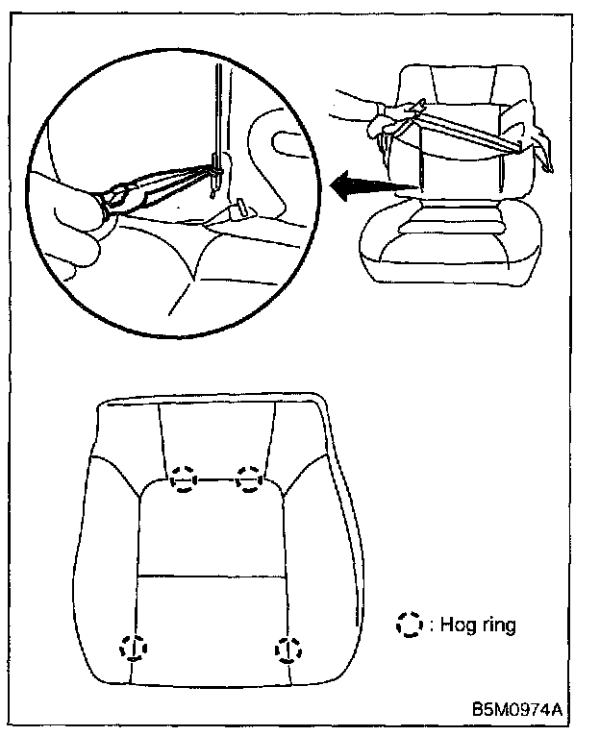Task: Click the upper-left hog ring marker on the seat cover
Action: (x=183, y=478)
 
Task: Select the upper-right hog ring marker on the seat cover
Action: (x=250, y=478)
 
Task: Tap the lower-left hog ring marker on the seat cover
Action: (x=134, y=648)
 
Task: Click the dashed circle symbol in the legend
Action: (x=409, y=626)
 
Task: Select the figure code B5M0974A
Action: (x=516, y=711)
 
